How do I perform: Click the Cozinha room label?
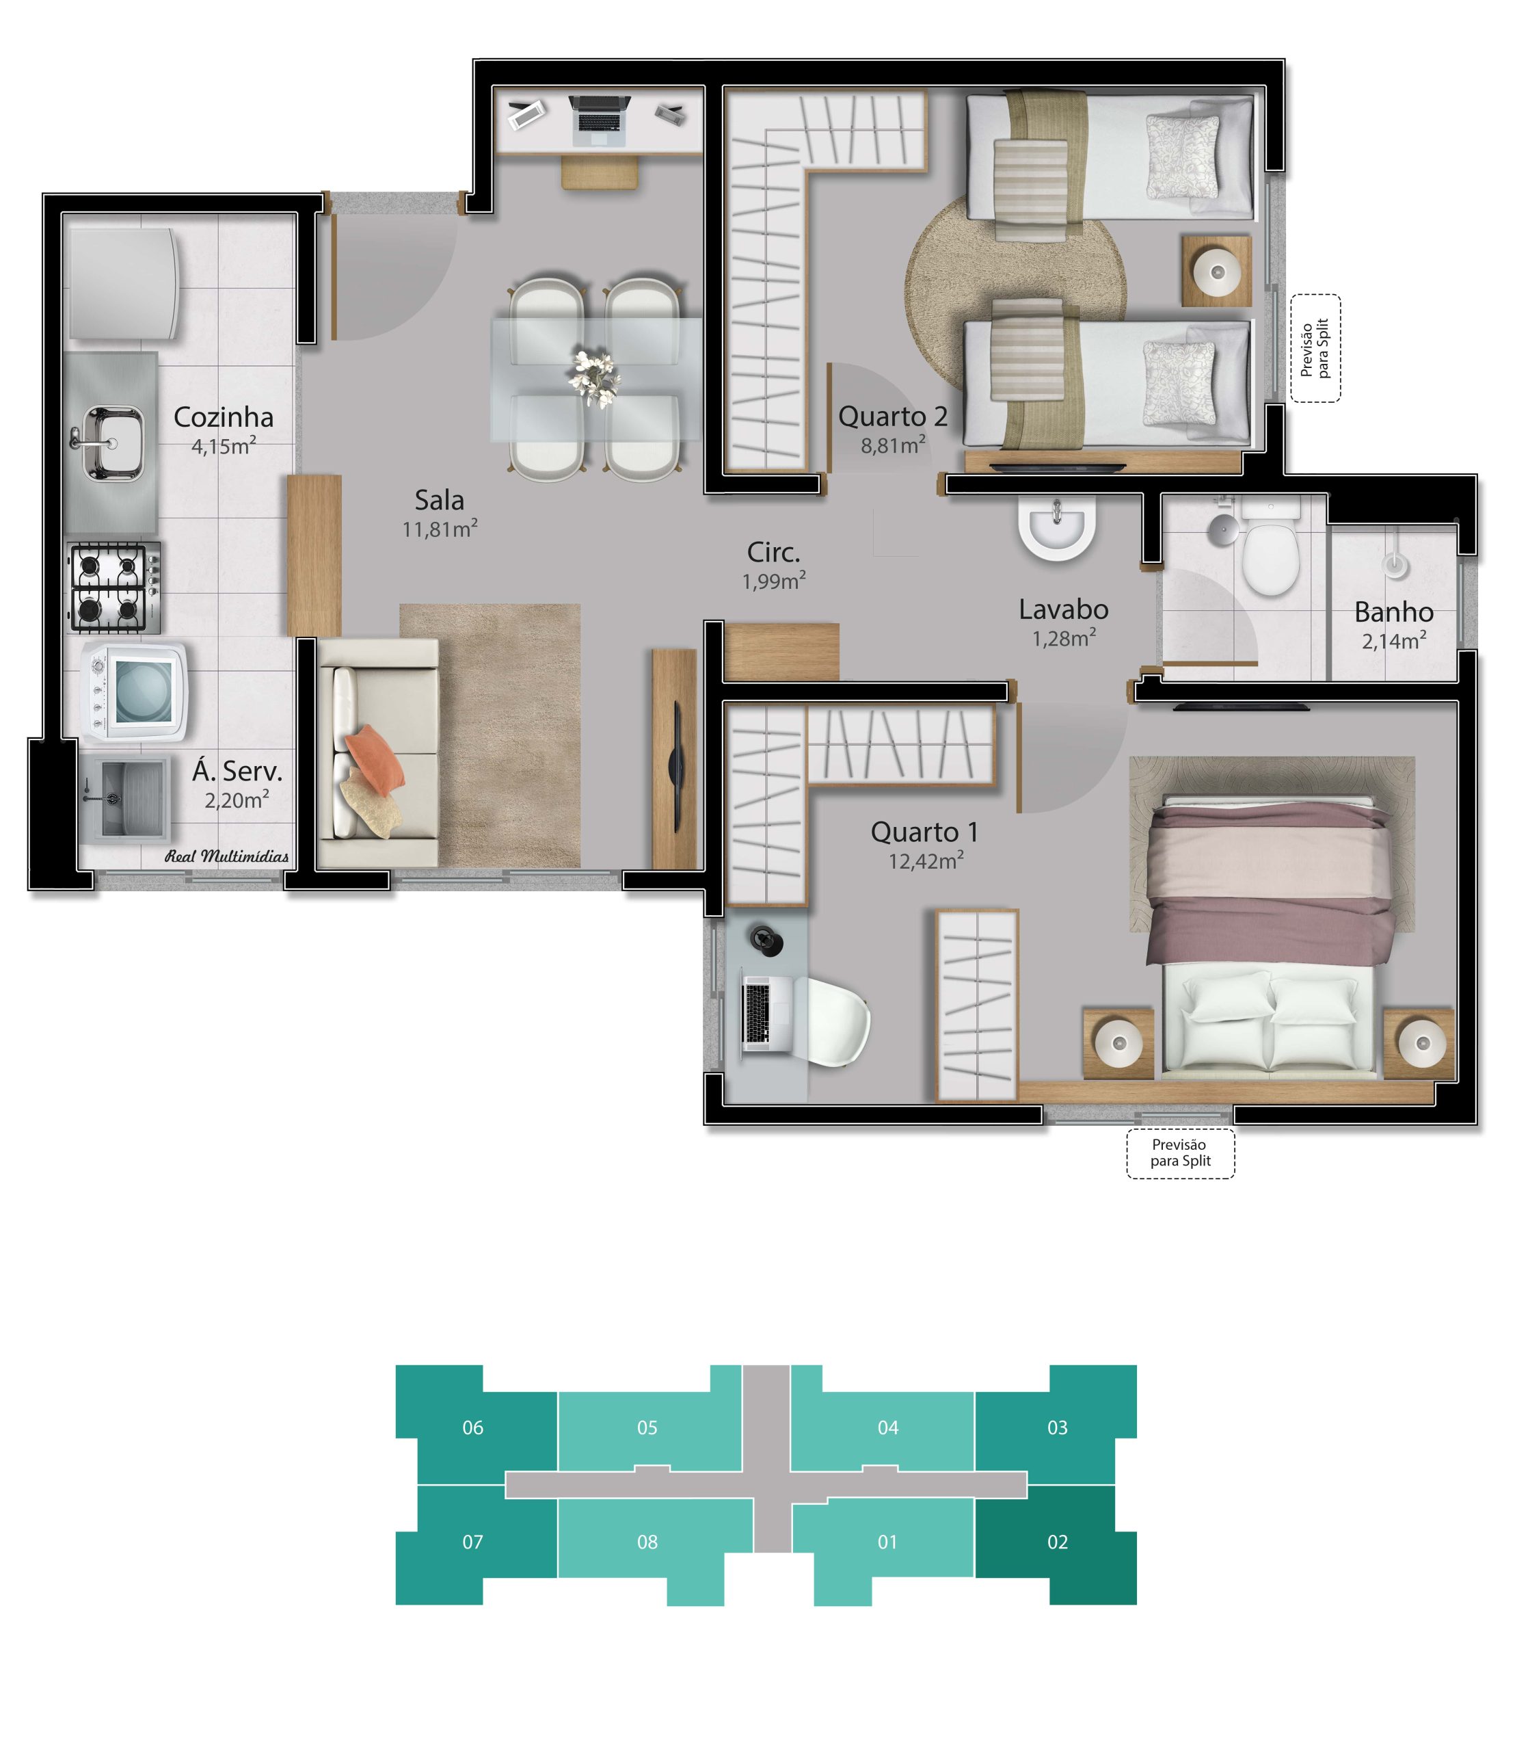[x=224, y=417]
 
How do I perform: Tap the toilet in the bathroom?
[x=1270, y=555]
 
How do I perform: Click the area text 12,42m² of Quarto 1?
[x=925, y=860]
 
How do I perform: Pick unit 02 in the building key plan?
[x=1058, y=1541]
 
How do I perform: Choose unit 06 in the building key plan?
[x=472, y=1427]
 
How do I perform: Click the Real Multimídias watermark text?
[x=227, y=856]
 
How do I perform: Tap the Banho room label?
[x=1393, y=611]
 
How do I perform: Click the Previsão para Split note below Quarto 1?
[x=1180, y=1153]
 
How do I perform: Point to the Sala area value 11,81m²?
[x=439, y=529]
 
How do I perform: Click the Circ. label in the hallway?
[x=773, y=553]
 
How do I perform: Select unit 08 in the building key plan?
[x=647, y=1541]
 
